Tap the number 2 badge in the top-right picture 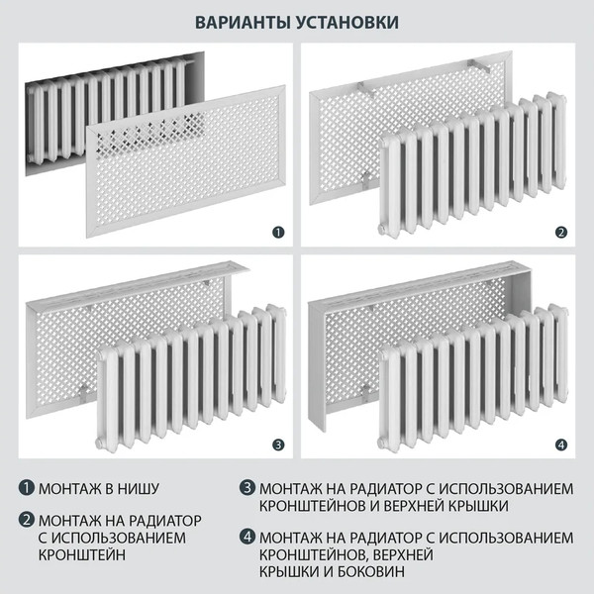pos(561,233)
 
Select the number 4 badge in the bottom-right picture pos(561,445)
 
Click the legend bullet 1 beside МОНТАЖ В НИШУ pos(27,488)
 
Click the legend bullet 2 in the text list pos(27,520)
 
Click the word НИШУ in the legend pos(138,489)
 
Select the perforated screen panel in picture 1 pos(183,168)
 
